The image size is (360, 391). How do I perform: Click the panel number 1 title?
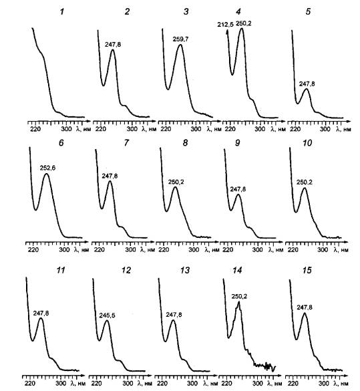pyautogui.click(x=62, y=12)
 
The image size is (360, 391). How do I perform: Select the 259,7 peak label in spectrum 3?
pyautogui.click(x=180, y=39)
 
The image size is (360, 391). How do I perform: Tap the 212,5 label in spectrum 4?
pyautogui.click(x=225, y=25)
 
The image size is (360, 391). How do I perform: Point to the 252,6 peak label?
pyautogui.click(x=47, y=168)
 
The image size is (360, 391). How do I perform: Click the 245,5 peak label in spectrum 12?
pyautogui.click(x=107, y=315)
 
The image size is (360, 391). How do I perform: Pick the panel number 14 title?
pyautogui.click(x=237, y=270)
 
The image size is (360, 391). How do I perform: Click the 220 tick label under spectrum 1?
pyautogui.click(x=35, y=129)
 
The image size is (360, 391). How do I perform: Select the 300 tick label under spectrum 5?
pyautogui.click(x=325, y=129)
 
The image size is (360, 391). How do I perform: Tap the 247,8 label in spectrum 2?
pyautogui.click(x=113, y=44)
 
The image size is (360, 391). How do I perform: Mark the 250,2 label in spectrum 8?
pyautogui.click(x=176, y=182)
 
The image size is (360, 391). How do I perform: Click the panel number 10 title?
pyautogui.click(x=307, y=143)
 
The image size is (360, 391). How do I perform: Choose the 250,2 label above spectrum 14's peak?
pyautogui.click(x=239, y=297)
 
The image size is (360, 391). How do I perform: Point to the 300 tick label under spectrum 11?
pyautogui.click(x=61, y=383)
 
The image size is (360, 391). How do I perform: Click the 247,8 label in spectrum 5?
pyautogui.click(x=307, y=84)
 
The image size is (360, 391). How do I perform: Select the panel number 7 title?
pyautogui.click(x=126, y=143)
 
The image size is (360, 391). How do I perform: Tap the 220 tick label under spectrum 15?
pyautogui.click(x=293, y=383)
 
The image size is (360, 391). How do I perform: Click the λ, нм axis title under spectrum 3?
pyautogui.click(x=214, y=129)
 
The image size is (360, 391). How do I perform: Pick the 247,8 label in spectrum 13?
pyautogui.click(x=174, y=315)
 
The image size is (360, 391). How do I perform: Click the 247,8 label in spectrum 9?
pyautogui.click(x=238, y=189)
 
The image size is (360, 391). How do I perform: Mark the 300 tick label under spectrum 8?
pyautogui.click(x=194, y=249)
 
